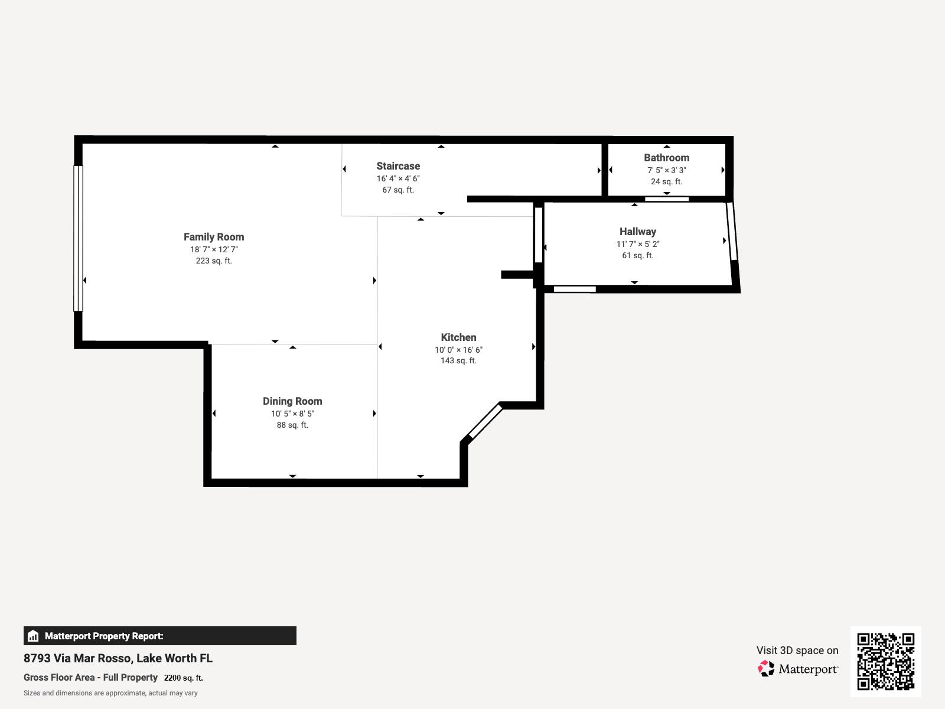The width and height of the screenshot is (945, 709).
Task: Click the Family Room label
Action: pos(213,237)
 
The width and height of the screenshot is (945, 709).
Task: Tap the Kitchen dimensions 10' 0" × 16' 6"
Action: pos(458,350)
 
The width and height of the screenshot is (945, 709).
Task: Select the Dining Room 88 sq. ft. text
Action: pos(292,425)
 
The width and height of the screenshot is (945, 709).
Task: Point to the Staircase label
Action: pos(398,166)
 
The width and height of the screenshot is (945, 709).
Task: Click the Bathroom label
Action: pos(666,158)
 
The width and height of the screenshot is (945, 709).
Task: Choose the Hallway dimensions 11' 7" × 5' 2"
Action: pos(637,244)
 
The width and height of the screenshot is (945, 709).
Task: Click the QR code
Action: pos(885,661)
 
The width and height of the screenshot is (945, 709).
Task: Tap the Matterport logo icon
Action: pos(766,669)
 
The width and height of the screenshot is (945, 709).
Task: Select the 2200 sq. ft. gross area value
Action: pos(183,678)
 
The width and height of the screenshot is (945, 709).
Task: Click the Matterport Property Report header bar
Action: pos(159,636)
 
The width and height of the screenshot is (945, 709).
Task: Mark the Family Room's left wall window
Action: pos(78,238)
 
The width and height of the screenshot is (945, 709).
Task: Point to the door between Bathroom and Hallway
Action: pos(666,199)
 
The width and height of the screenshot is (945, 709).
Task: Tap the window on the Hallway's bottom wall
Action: pos(574,289)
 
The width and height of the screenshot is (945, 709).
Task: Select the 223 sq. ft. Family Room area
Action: pos(213,261)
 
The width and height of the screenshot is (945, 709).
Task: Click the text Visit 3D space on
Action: pos(797,651)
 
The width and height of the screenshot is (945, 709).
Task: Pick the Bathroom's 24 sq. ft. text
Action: pos(666,181)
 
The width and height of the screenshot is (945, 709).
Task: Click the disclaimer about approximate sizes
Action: pos(110,693)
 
